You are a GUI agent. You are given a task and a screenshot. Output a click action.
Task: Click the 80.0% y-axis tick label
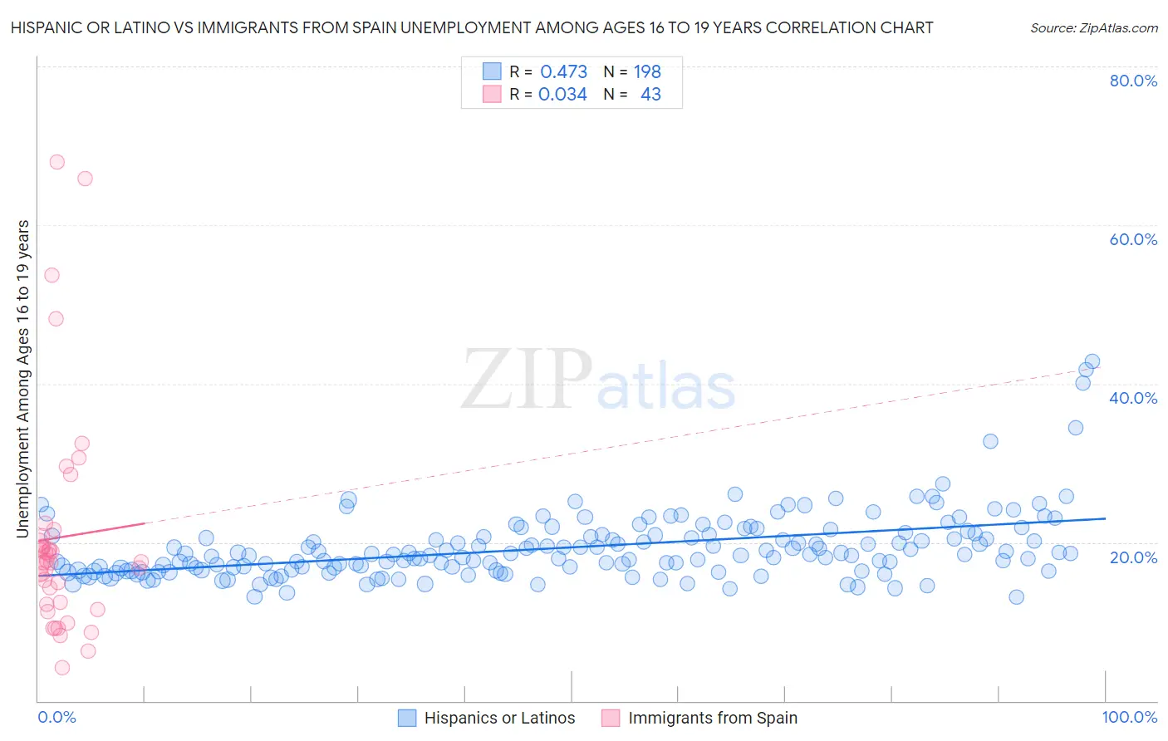tap(1133, 81)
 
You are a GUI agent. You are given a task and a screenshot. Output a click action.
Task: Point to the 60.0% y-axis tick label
tap(1133, 239)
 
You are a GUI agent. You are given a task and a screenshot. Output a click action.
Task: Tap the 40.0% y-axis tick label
tap(1133, 398)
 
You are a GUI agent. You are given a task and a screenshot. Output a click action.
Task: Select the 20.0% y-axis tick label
tap(1133, 557)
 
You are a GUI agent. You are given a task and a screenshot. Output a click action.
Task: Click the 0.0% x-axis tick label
tap(56, 717)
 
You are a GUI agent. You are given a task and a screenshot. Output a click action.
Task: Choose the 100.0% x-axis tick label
tap(1130, 717)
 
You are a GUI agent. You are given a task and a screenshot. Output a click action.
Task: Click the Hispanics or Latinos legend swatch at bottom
tap(407, 718)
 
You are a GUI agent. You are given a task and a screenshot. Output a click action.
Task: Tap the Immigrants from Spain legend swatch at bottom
tap(611, 718)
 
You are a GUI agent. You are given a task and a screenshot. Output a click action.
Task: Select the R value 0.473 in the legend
tap(563, 72)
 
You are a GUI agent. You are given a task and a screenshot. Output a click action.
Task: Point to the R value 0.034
tap(562, 95)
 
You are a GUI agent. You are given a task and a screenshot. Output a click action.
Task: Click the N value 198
tap(647, 72)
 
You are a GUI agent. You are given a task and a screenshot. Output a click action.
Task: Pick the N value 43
tap(650, 95)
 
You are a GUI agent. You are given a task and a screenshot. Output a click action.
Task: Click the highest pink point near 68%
tap(56, 162)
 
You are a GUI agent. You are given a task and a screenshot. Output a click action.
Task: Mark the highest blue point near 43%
tap(1092, 361)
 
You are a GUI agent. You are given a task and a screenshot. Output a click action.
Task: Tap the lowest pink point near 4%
tap(62, 668)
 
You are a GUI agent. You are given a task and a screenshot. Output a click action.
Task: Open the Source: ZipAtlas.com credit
tap(1093, 28)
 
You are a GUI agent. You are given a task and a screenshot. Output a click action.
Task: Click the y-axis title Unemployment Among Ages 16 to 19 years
tap(23, 378)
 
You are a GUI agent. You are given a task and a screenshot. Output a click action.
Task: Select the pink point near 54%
tap(52, 275)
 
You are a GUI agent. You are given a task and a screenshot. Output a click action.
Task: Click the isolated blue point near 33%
tap(990, 441)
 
